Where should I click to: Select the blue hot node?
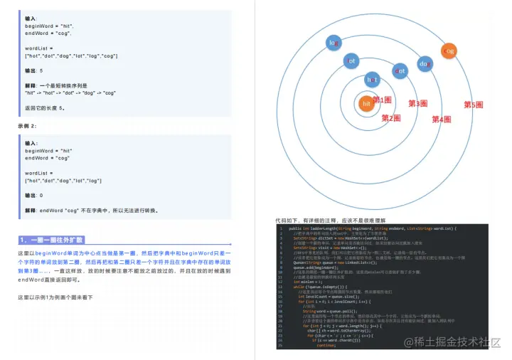(371, 79)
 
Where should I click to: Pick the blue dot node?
(400, 70)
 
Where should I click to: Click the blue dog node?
(425, 64)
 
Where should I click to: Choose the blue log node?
(334, 43)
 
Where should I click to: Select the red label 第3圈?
(417, 103)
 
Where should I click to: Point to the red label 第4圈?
(441, 120)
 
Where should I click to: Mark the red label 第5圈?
(474, 105)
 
